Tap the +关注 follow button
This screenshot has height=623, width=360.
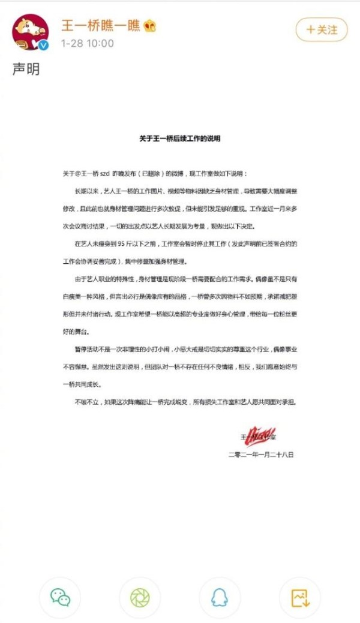point(322,29)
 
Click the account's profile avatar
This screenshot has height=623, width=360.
point(31,32)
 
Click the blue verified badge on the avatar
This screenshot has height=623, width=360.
point(43,45)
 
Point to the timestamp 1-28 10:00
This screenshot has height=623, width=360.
point(87,44)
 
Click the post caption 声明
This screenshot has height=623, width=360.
point(26,69)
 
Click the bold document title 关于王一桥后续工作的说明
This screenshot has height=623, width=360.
point(180,138)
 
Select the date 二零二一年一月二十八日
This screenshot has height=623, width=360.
point(261,455)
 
